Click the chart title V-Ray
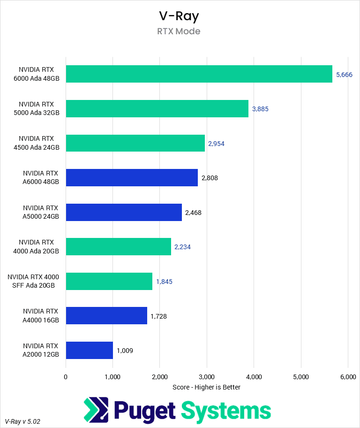[179, 16]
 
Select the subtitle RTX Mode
[179, 31]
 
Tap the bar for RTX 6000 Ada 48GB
[199, 74]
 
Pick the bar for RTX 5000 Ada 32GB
[157, 108]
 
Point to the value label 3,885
[260, 109]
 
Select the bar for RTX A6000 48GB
[132, 178]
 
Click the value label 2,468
[193, 213]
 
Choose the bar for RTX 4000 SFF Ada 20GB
[109, 281]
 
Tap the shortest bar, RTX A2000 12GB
[90, 350]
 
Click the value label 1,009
[125, 351]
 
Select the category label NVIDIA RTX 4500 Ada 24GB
[39, 143]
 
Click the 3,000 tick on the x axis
[207, 376]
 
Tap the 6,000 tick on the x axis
[347, 376]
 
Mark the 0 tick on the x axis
[66, 376]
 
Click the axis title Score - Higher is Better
[207, 387]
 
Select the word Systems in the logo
[226, 411]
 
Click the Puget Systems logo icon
[96, 410]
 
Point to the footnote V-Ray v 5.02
[22, 421]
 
